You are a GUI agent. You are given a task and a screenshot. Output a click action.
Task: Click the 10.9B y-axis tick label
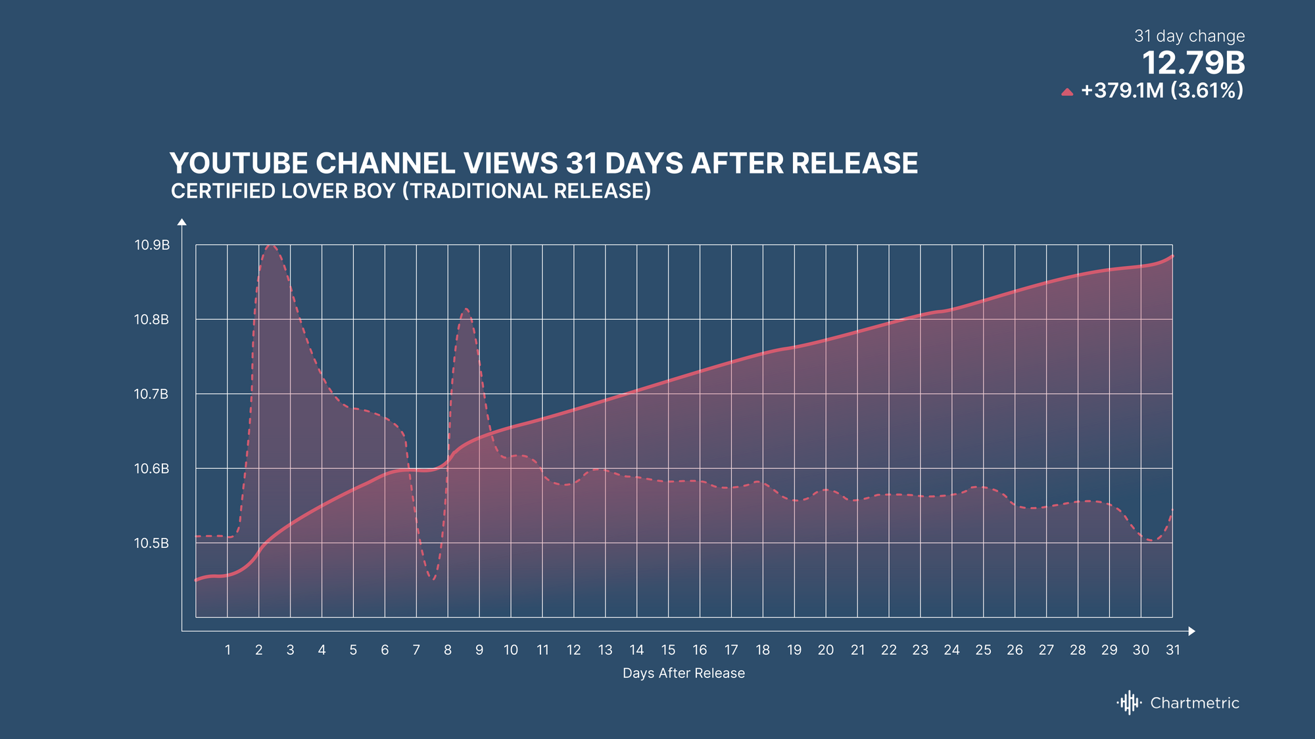pos(152,245)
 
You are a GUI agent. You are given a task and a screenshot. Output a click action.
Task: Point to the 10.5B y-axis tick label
pos(151,543)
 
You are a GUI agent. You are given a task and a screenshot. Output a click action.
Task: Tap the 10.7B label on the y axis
pos(151,394)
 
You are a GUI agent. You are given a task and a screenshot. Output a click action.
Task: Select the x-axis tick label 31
pos(1173,650)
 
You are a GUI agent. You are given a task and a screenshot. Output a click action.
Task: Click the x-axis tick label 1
pos(227,650)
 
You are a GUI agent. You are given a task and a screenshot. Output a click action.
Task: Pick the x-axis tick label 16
pos(700,650)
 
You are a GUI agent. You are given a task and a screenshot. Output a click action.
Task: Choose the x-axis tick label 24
pos(951,650)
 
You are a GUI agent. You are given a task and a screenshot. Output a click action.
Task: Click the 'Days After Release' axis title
pos(684,673)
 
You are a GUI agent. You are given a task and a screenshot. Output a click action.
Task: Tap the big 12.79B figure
pos(1193,64)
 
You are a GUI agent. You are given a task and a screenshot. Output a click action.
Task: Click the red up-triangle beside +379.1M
pos(1067,92)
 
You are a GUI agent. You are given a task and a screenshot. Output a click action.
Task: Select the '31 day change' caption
pos(1189,36)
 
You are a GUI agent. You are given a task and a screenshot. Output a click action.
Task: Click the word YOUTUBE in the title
pos(239,164)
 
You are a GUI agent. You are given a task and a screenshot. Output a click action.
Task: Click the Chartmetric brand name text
pos(1195,703)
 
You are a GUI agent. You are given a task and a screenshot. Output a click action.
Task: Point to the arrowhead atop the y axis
pos(182,222)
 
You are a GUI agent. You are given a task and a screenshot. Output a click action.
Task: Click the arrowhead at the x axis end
pos(1192,631)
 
